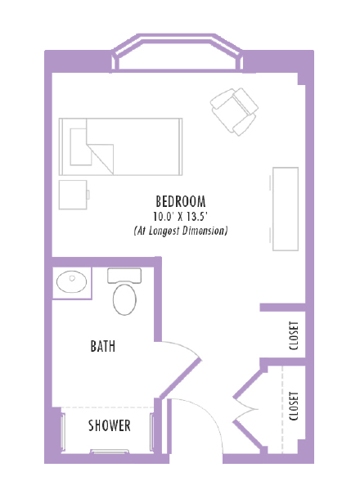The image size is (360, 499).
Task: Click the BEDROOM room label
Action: (180, 201)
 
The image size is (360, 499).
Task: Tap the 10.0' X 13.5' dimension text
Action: (180, 217)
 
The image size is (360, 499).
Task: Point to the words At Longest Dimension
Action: (180, 232)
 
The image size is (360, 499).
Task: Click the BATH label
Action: (102, 347)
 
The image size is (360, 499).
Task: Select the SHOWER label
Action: (110, 425)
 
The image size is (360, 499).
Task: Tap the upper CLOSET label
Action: (294, 334)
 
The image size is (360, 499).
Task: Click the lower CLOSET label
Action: (294, 406)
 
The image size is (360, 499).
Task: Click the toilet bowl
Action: (125, 299)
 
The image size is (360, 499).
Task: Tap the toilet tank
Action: (125, 275)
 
